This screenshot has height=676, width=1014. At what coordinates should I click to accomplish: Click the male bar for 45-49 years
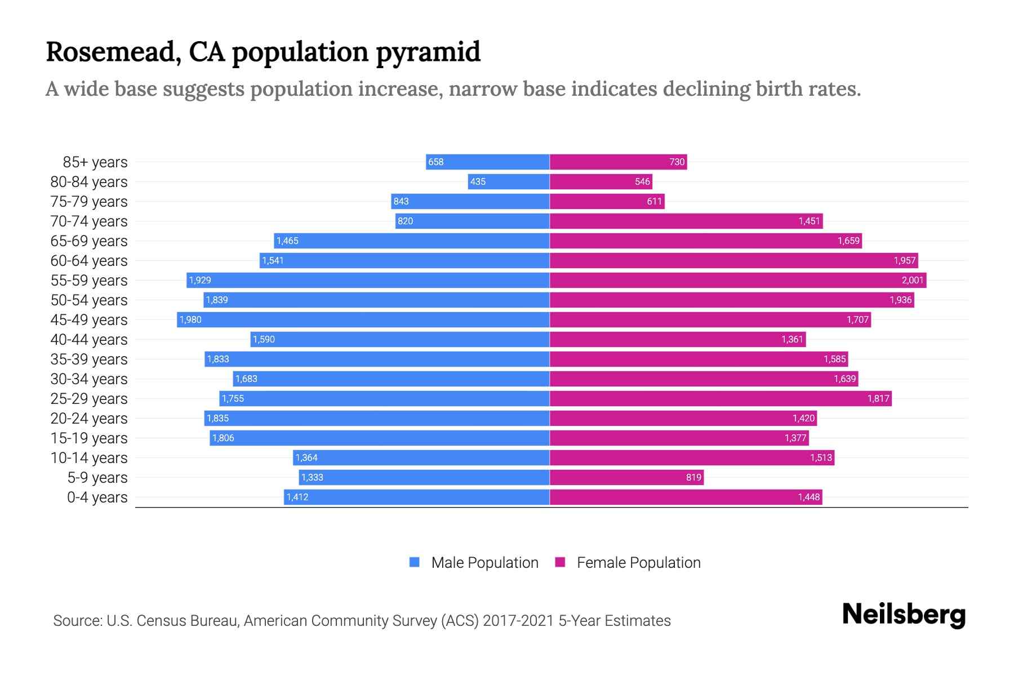click(x=363, y=320)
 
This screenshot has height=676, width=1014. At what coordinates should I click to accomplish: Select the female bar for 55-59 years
click(x=738, y=281)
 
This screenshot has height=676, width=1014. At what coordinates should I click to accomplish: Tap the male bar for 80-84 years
click(x=509, y=182)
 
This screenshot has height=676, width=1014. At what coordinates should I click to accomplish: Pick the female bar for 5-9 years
click(x=626, y=478)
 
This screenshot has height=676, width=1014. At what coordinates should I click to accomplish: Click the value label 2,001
click(x=912, y=281)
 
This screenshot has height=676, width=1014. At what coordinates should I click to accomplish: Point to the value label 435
click(x=478, y=182)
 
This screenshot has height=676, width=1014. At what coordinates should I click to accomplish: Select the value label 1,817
click(x=878, y=399)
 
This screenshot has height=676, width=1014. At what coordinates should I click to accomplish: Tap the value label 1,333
click(x=312, y=478)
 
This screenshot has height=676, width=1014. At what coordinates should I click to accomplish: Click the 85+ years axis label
click(x=95, y=162)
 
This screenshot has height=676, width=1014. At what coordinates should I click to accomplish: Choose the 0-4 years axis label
click(x=97, y=497)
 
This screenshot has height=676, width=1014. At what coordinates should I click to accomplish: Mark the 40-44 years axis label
click(x=89, y=340)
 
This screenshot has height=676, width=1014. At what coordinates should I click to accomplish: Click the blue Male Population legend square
click(x=415, y=562)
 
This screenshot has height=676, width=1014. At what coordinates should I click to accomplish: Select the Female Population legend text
click(x=638, y=563)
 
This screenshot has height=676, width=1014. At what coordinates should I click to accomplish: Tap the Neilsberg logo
click(x=903, y=615)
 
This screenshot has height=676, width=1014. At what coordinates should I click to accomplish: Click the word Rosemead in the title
click(x=113, y=52)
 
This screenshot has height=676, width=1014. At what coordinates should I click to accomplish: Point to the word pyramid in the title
click(x=428, y=52)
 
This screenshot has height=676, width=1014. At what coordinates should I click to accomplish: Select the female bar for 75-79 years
click(x=607, y=202)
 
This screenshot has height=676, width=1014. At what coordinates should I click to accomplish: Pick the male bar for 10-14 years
click(x=421, y=458)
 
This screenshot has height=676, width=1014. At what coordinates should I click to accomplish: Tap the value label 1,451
click(x=808, y=221)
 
